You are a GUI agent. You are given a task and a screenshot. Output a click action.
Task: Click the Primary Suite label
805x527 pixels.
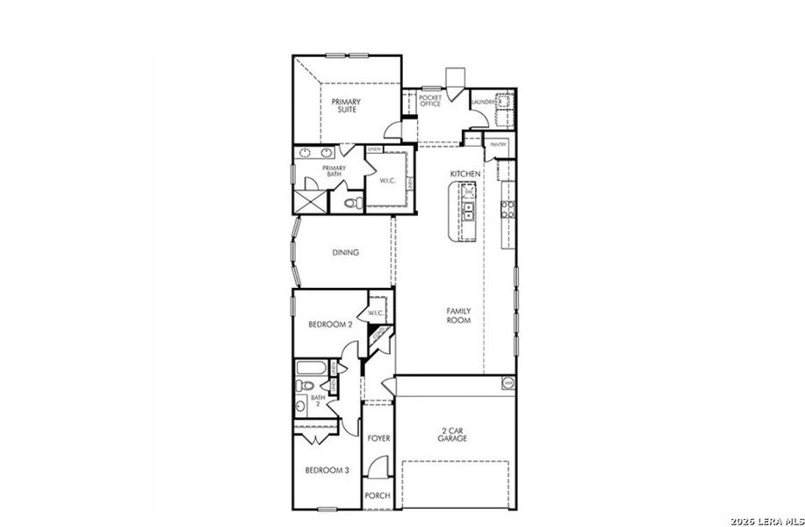(346, 106)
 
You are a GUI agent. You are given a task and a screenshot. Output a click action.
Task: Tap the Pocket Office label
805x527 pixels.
(430, 101)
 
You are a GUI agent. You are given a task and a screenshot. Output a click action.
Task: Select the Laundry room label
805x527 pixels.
(484, 102)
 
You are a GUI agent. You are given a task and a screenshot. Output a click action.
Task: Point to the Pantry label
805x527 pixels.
(499, 144)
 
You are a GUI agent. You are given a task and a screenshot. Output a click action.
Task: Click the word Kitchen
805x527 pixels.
(465, 175)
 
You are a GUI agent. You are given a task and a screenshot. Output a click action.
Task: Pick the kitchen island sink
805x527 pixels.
(469, 210)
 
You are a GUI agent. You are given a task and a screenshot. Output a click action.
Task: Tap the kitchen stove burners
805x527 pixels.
(507, 209)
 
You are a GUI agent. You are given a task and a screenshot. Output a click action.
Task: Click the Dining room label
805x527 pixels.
(345, 253)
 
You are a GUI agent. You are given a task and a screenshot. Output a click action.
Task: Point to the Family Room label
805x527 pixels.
(458, 315)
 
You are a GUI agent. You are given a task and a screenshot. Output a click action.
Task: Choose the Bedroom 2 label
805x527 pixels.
(330, 324)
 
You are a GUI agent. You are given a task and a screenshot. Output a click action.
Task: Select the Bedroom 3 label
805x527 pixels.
(327, 471)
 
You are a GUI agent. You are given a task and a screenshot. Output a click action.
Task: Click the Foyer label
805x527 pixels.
(378, 437)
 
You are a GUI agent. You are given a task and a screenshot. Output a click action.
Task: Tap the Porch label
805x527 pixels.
(377, 495)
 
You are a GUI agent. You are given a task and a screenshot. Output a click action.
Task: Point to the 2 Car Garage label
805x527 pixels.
(453, 434)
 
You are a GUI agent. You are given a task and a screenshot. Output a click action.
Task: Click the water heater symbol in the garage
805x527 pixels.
(507, 382)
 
